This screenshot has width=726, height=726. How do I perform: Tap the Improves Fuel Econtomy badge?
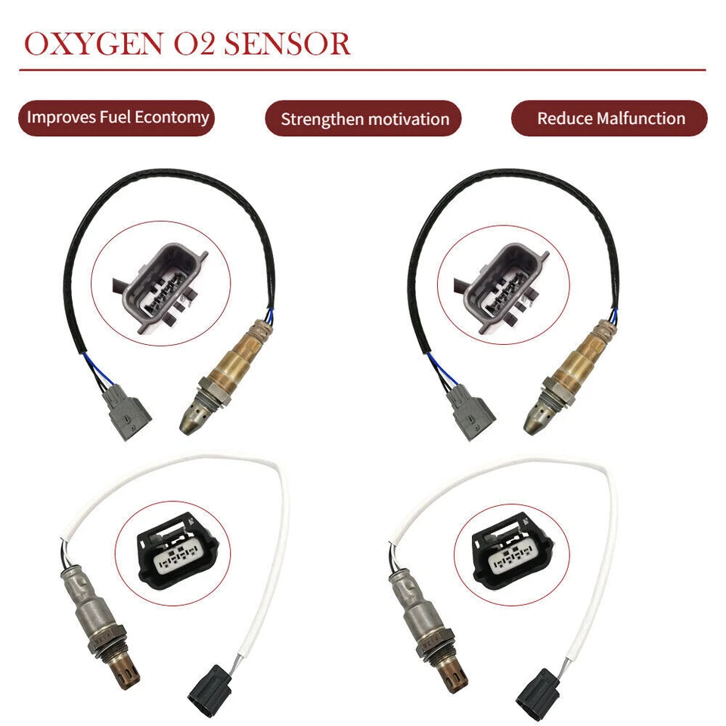pos(117,118)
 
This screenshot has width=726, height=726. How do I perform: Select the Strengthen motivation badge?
pos(365,119)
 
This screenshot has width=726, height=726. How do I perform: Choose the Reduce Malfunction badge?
pos(610,119)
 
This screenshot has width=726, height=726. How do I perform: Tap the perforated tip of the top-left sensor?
pos(193,418)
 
